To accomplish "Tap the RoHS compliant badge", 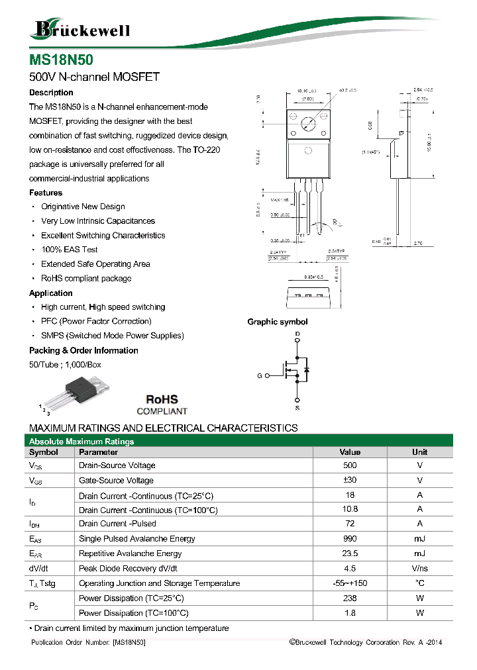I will pyautogui.click(x=162, y=405).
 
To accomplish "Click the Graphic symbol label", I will pyautogui.click(x=277, y=322).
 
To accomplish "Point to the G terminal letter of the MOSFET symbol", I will pyautogui.click(x=260, y=375).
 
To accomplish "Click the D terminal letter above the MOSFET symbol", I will pyautogui.click(x=297, y=333).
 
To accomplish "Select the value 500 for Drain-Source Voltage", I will pyautogui.click(x=350, y=465).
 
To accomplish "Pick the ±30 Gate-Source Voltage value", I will pyautogui.click(x=350, y=481).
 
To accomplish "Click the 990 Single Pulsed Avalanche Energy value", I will pyautogui.click(x=350, y=539).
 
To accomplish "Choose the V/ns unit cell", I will pyautogui.click(x=419, y=569).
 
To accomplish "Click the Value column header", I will pyautogui.click(x=350, y=452).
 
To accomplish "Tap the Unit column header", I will pyautogui.click(x=419, y=452).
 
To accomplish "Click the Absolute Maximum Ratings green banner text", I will pyautogui.click(x=81, y=441).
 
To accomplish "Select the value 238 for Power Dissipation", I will pyautogui.click(x=350, y=598).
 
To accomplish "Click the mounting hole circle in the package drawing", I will pyautogui.click(x=307, y=122).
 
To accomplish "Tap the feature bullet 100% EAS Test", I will pyautogui.click(x=69, y=250).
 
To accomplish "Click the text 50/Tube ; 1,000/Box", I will pyautogui.click(x=65, y=365).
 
